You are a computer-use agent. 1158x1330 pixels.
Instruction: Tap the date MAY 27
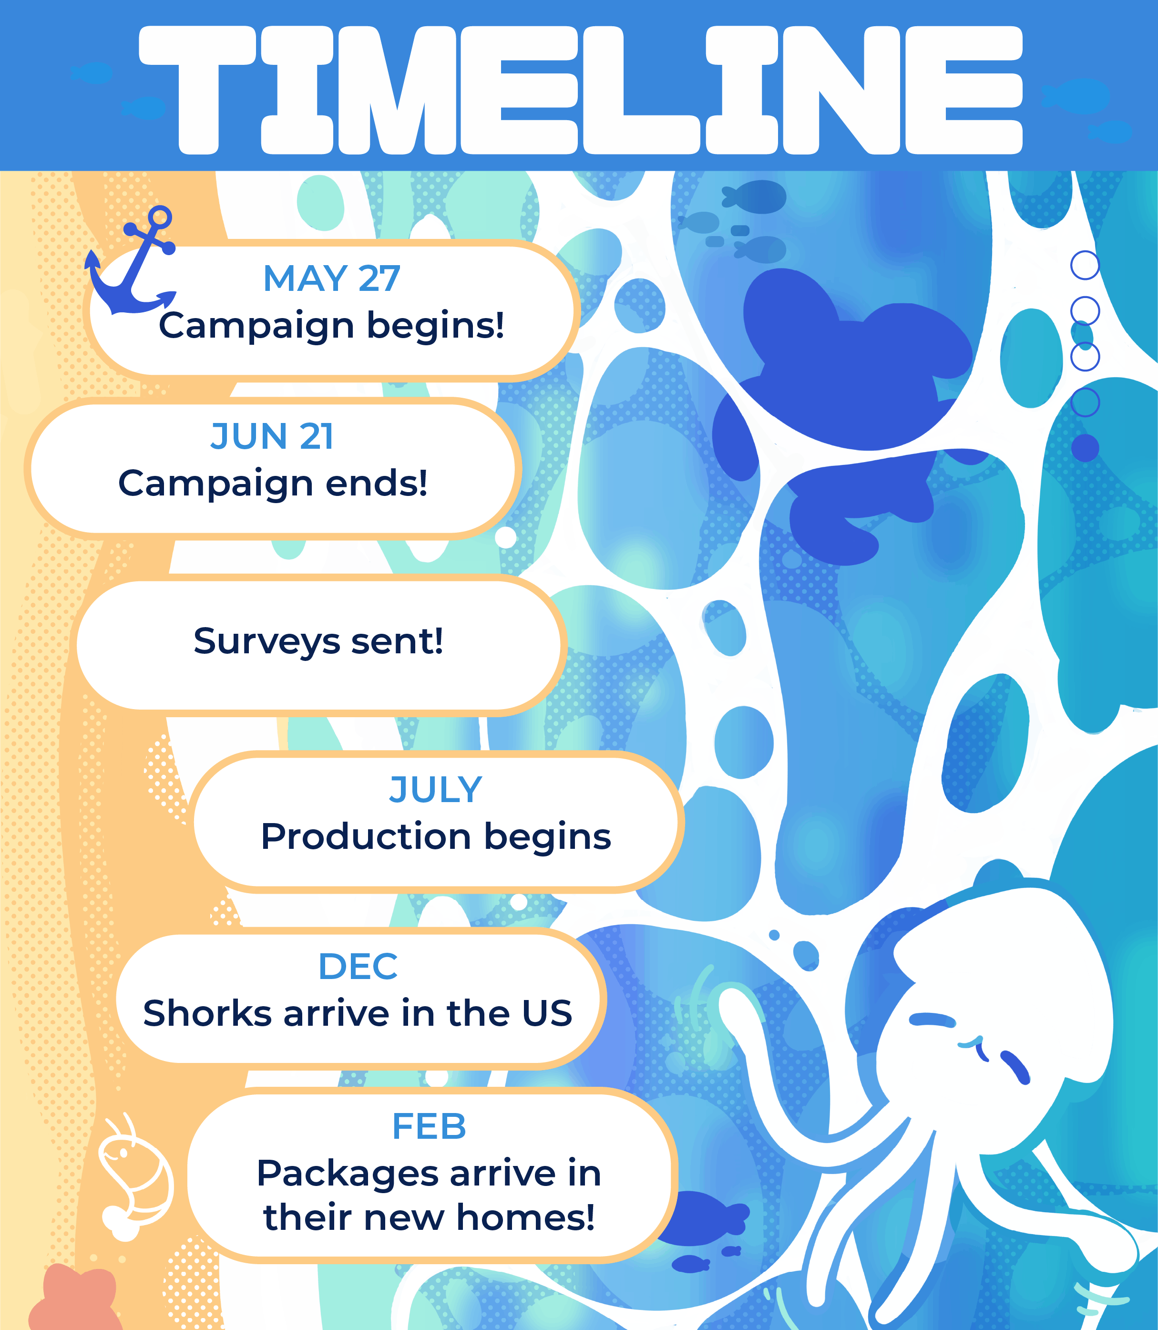[331, 278]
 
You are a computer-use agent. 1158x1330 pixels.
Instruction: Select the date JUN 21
[272, 436]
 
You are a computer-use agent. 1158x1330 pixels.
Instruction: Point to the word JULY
[436, 790]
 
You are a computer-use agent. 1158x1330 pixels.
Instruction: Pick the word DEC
[358, 967]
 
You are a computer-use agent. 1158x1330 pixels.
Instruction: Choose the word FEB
[429, 1127]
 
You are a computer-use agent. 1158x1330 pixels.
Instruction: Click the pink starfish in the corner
[74, 1298]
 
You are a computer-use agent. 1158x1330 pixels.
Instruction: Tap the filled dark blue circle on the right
[1085, 448]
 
